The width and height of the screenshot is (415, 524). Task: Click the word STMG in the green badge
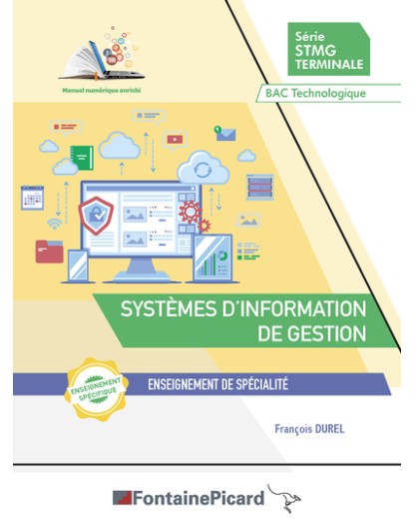(316, 51)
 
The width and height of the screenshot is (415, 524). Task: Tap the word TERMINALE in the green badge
(329, 64)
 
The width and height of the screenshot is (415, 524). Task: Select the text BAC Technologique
(316, 93)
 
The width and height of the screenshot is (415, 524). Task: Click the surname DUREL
(327, 429)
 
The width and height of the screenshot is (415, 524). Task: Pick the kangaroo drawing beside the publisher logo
(284, 498)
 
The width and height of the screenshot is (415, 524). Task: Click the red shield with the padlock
(96, 216)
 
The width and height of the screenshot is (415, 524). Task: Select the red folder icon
(50, 251)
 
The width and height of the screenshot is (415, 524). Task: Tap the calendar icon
(32, 198)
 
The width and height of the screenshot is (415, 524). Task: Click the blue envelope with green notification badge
(225, 134)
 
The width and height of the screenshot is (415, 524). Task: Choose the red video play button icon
(175, 139)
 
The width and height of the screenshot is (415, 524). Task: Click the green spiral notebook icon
(82, 157)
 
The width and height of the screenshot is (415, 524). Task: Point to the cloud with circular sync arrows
(203, 169)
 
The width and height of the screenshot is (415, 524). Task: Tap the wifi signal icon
(54, 224)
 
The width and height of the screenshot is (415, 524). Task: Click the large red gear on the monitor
(190, 212)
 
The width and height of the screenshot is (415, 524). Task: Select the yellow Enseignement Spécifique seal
(96, 389)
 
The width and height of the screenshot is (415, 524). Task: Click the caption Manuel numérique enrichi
(101, 90)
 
